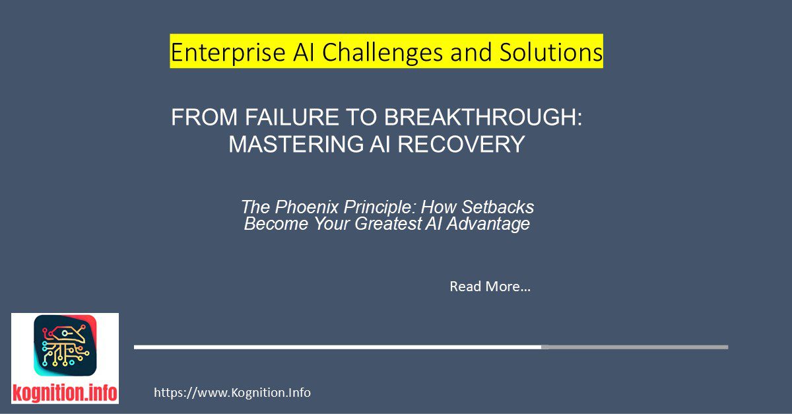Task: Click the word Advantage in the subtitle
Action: (x=497, y=224)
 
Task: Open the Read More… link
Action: (x=490, y=287)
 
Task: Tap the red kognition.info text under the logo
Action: (x=65, y=394)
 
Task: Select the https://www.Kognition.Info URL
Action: (x=232, y=393)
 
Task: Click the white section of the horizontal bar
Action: (x=337, y=347)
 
